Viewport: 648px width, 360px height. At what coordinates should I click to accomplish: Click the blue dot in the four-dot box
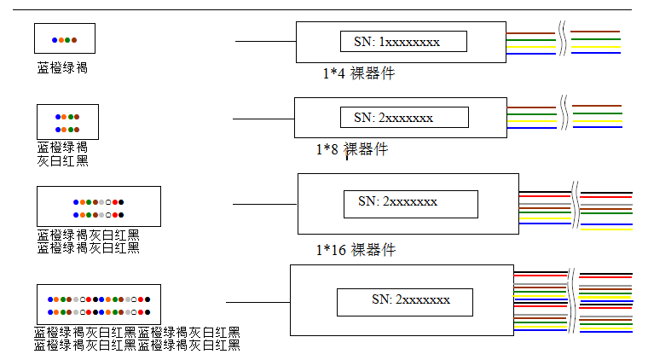[55, 40]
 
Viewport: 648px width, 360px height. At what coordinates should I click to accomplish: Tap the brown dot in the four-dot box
[74, 40]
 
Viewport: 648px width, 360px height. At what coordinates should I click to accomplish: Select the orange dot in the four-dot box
[61, 40]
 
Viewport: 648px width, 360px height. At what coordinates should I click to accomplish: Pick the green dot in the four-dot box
[67, 40]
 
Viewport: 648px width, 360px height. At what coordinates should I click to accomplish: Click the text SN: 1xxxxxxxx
[396, 42]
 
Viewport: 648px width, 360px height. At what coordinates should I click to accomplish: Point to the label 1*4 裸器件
[359, 73]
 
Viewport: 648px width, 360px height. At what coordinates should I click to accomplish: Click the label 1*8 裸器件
[352, 149]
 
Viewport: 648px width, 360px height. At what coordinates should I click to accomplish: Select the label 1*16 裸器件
[356, 250]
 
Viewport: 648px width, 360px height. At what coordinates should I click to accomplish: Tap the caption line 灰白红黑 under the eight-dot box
[63, 160]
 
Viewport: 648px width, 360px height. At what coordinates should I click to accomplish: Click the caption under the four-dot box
[62, 67]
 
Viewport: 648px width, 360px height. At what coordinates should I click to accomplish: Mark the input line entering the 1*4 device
[266, 41]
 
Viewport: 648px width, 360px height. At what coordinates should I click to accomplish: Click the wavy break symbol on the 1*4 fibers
[563, 38]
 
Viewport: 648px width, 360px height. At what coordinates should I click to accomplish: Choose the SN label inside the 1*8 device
[393, 118]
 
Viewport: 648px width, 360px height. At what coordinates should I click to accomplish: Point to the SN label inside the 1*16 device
[397, 201]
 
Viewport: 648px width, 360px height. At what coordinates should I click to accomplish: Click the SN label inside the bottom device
[411, 299]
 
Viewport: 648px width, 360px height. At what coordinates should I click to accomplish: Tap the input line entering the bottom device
[257, 302]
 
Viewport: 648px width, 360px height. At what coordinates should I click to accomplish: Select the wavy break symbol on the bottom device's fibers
[571, 300]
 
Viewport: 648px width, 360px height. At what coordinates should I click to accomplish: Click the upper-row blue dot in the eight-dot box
[58, 117]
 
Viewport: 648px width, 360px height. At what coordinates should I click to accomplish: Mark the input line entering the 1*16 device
[265, 204]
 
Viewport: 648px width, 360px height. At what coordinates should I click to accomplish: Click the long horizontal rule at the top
[322, 9]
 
